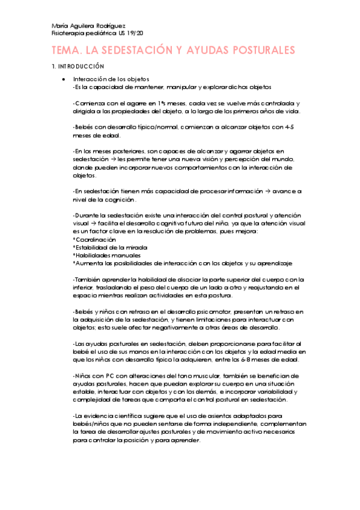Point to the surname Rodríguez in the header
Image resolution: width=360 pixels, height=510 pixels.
coord(109,26)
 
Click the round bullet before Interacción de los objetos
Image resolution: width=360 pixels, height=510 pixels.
coord(63,79)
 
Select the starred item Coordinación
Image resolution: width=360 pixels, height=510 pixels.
coord(94,239)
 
